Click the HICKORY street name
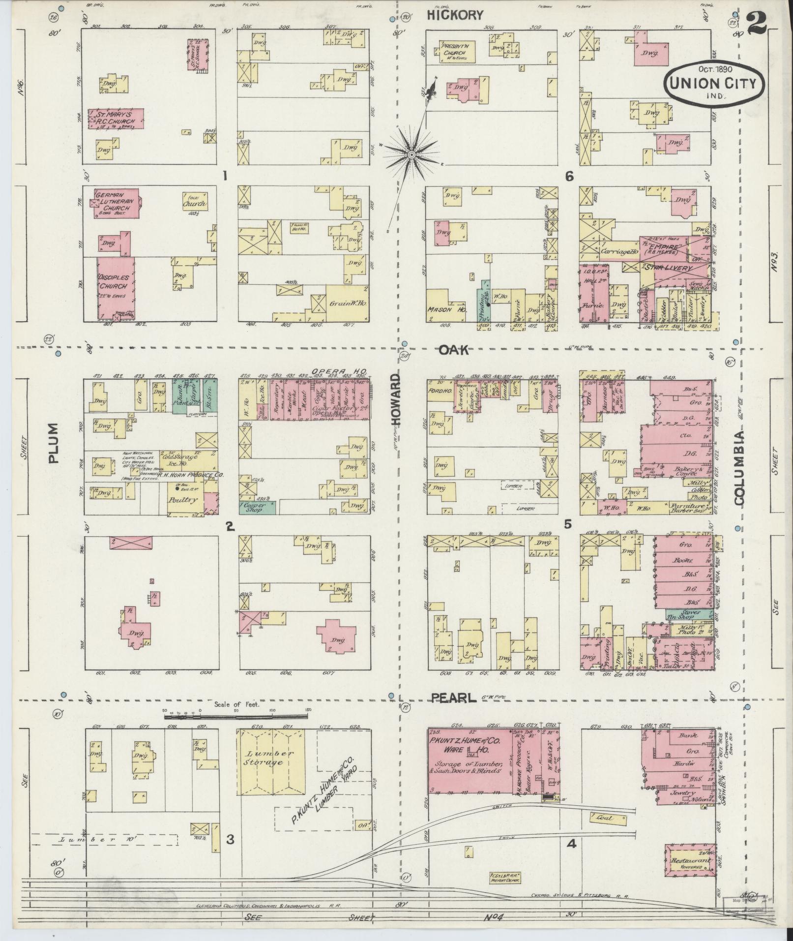(455, 15)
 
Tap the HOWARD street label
(396, 398)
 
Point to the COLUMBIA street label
(739, 468)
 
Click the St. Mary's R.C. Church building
(116, 119)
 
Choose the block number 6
(569, 176)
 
